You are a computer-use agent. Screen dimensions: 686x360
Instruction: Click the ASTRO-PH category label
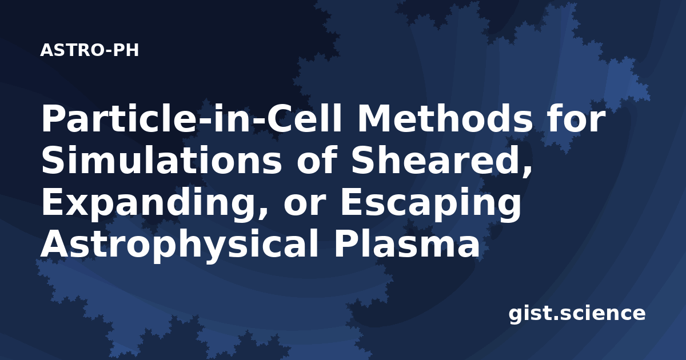tap(89, 50)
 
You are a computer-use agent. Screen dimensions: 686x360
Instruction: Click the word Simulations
tap(161, 161)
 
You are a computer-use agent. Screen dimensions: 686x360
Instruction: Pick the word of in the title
tap(317, 161)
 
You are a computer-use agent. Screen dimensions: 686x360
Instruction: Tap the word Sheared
tap(437, 161)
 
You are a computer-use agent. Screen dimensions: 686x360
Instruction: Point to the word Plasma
tap(407, 243)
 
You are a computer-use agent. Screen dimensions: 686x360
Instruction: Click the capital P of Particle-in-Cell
tap(53, 118)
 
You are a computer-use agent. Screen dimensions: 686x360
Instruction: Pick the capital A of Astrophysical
tap(56, 243)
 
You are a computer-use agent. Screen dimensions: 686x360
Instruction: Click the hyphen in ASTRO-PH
tap(108, 51)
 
